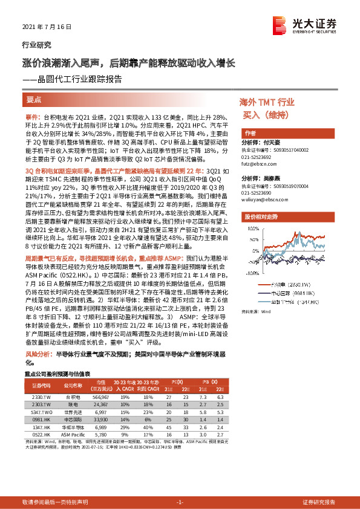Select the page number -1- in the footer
pyautogui.click(x=179, y=502)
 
